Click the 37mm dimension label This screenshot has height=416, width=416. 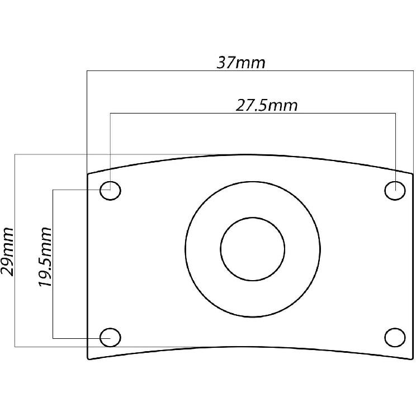(x=241, y=62)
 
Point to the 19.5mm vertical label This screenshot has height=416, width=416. (x=45, y=257)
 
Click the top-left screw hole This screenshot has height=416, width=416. (x=110, y=191)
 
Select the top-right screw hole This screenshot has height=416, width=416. (x=395, y=191)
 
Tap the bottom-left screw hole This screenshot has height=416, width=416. (x=110, y=337)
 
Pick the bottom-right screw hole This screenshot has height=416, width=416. (x=395, y=337)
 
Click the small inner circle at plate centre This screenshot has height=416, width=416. (x=253, y=248)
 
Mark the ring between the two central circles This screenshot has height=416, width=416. (x=202, y=248)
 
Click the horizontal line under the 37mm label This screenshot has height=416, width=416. (x=168, y=71)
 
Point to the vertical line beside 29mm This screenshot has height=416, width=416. (x=15, y=291)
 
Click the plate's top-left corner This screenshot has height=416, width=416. (x=88, y=174)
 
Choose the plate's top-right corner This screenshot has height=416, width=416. (x=413, y=174)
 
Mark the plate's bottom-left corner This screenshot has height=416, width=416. (x=88, y=358)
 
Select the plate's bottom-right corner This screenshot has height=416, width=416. (x=413, y=359)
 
